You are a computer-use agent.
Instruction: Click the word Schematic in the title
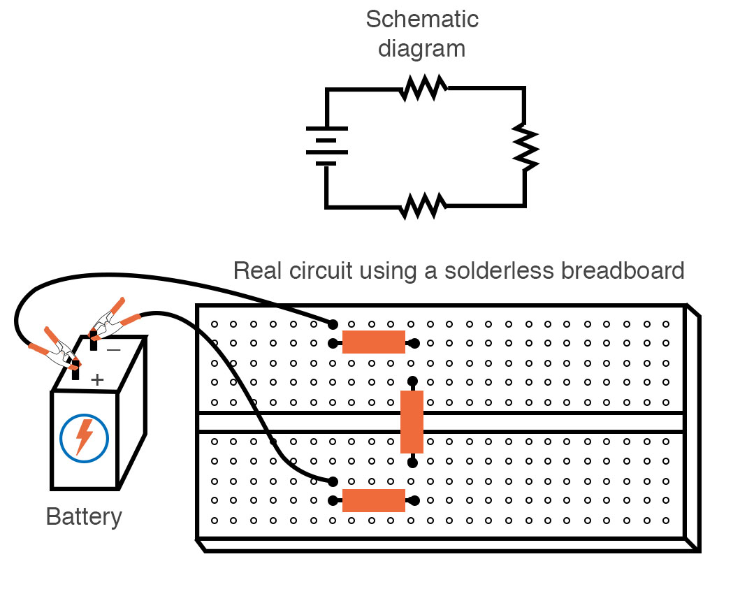421,19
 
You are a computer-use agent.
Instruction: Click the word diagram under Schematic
421,49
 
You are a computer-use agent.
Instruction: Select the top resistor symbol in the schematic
424,88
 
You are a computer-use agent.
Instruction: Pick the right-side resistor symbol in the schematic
525,147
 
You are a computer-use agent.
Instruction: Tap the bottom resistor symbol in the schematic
423,206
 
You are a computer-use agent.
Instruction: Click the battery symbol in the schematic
326,146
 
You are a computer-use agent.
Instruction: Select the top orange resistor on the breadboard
373,342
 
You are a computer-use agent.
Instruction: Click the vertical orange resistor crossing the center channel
412,421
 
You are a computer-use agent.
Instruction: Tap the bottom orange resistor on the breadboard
373,500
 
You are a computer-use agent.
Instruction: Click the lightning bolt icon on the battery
84,437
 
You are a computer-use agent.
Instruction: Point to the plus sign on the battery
98,379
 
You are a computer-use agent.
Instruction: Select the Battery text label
84,517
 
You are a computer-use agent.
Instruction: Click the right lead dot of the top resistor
415,343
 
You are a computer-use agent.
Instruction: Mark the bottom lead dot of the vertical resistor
412,461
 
